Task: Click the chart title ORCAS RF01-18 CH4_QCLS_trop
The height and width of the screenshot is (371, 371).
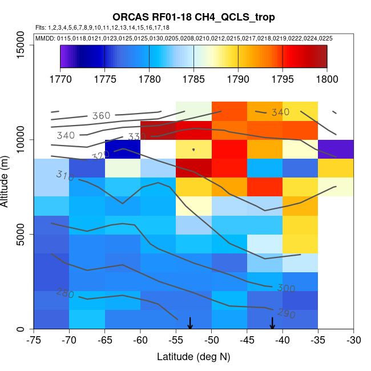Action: coord(193,18)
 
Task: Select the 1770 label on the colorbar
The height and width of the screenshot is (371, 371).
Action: coord(59,79)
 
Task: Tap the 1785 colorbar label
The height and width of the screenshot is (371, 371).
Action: coord(193,79)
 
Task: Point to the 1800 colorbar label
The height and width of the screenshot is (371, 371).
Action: coord(327,79)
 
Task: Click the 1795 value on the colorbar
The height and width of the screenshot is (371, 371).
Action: coord(283,79)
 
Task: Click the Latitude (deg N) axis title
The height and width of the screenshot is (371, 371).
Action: coord(193,357)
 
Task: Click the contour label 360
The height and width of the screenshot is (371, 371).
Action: coord(101,116)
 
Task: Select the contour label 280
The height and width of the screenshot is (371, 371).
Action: coord(65,293)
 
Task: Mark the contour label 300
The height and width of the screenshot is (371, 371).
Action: coord(286,288)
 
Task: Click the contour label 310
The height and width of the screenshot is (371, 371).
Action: coord(65,176)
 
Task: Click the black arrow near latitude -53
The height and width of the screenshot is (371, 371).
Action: coord(190,323)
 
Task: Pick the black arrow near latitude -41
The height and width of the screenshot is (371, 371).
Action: coord(272,323)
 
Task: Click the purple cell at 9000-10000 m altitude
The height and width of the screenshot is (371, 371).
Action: coord(336,149)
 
